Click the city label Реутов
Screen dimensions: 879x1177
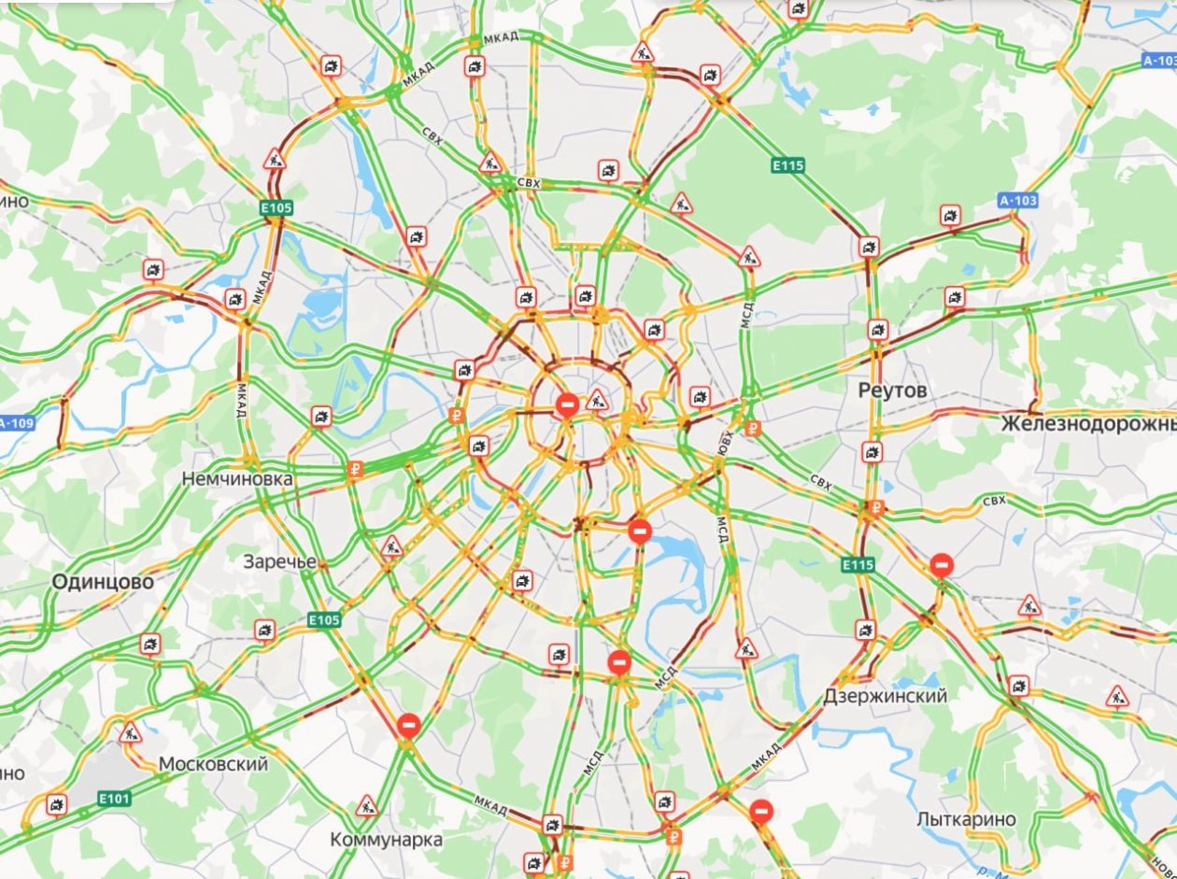click(893, 390)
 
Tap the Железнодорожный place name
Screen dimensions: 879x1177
click(1088, 424)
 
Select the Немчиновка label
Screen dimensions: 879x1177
click(237, 479)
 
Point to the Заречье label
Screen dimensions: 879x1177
click(279, 562)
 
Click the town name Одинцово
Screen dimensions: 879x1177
click(103, 582)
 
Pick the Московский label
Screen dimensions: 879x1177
click(213, 764)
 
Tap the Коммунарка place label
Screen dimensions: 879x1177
click(386, 840)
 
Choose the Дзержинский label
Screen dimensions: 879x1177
click(886, 696)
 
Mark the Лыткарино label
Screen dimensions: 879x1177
click(966, 819)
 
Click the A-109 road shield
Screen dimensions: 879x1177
click(16, 423)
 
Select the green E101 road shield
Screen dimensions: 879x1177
click(115, 799)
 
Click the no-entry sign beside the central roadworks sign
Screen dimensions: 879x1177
click(567, 405)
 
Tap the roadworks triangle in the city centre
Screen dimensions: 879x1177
click(597, 401)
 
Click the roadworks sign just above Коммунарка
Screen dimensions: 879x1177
click(366, 804)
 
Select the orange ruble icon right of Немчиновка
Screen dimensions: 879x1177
click(354, 470)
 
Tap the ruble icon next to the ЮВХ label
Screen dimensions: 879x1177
click(753, 429)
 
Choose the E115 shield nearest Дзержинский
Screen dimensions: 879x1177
click(857, 565)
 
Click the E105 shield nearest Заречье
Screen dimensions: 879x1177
click(323, 620)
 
